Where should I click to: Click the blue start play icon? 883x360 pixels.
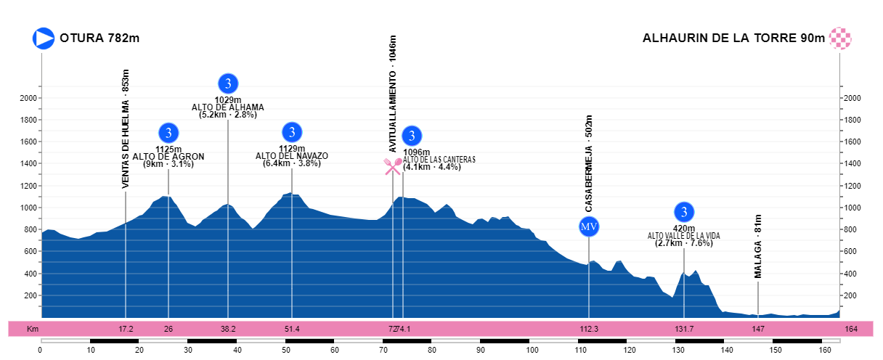[44, 38]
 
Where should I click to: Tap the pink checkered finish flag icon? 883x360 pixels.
[840, 38]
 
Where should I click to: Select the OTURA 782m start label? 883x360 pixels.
[99, 38]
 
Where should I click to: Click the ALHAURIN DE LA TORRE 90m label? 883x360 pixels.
[733, 38]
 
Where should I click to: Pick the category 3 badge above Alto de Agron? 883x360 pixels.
[168, 133]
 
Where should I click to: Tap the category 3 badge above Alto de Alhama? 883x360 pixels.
[228, 83]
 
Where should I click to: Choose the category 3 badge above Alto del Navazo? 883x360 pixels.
[292, 132]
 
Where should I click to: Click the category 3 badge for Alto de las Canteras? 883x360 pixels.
[412, 136]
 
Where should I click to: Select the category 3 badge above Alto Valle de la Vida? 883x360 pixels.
[684, 212]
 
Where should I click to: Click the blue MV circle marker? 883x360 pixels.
[589, 227]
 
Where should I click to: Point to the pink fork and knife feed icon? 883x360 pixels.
[393, 166]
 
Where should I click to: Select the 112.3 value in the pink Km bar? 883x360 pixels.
[589, 329]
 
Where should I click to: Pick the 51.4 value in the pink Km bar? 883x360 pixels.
[292, 329]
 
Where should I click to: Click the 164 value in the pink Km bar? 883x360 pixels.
[852, 329]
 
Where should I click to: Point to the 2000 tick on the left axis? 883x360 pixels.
[30, 98]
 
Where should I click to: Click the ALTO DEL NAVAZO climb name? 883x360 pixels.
[292, 156]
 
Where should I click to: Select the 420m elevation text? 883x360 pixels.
[684, 228]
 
